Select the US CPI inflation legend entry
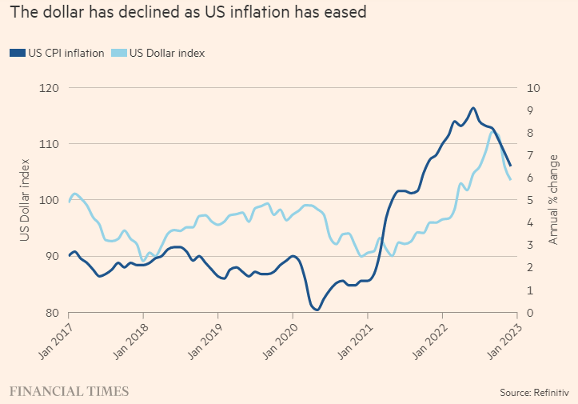[x=57, y=53]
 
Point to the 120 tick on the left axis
[x=50, y=87]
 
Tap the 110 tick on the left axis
[x=50, y=144]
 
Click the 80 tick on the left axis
[x=53, y=312]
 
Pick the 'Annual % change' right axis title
[x=553, y=200]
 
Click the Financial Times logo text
[x=69, y=390]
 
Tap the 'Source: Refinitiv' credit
[x=532, y=392]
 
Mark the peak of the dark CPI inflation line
[x=473, y=107]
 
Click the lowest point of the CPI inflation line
[x=317, y=310]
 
